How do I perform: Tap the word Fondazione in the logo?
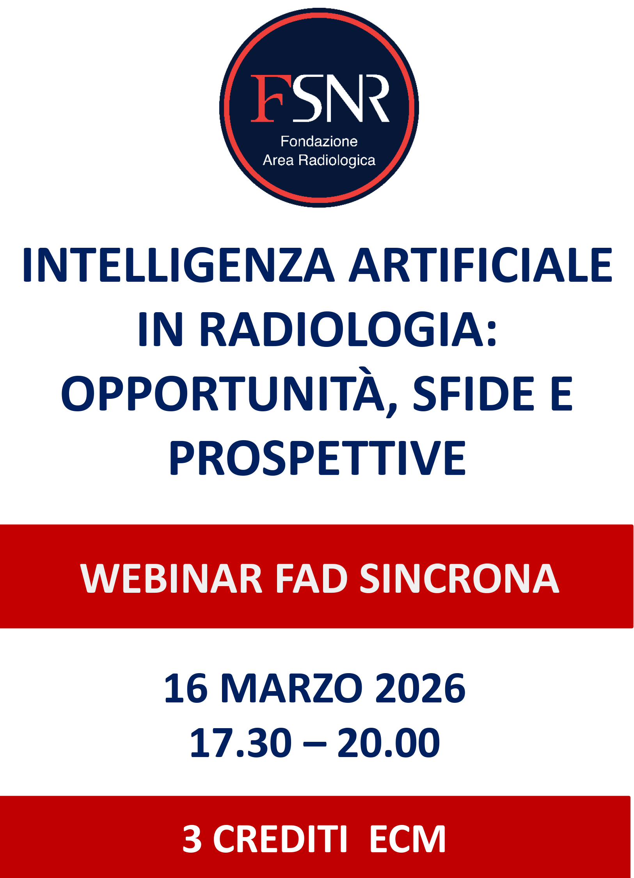tap(319, 141)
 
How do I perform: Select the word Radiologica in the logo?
tap(337, 160)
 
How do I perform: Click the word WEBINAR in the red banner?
tap(171, 578)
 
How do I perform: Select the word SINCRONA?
tap(459, 578)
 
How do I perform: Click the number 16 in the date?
tap(186, 689)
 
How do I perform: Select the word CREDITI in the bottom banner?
tap(280, 839)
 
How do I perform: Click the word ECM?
tap(407, 839)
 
